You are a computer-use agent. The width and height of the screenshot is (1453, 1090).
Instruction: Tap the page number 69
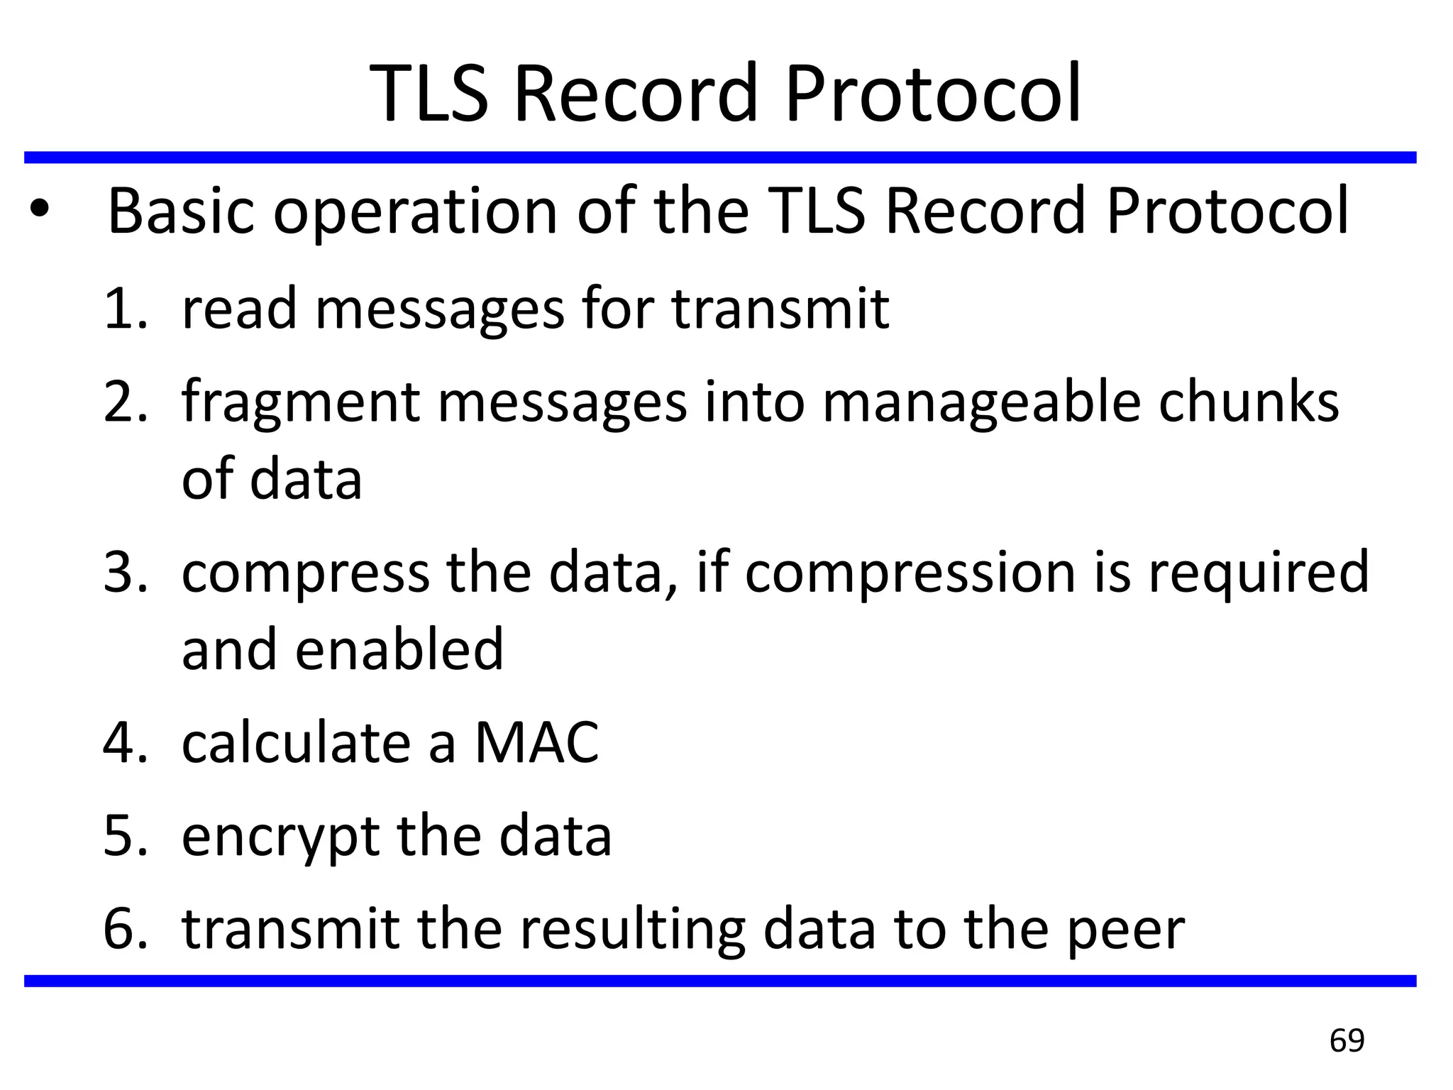click(1347, 1041)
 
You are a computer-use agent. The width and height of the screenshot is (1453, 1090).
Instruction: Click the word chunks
click(1248, 402)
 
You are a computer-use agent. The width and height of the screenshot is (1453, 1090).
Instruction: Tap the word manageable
click(981, 403)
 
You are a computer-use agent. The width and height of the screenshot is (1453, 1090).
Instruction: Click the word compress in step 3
click(305, 573)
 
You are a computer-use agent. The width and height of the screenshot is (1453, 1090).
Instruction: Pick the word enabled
click(399, 649)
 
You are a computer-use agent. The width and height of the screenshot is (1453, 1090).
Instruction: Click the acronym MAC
click(536, 743)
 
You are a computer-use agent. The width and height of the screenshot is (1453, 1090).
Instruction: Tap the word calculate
click(297, 743)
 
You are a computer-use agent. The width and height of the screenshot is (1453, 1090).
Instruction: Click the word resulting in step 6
click(632, 930)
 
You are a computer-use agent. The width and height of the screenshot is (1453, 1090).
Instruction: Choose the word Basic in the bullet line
click(181, 210)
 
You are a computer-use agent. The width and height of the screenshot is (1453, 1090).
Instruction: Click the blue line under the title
click(720, 158)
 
